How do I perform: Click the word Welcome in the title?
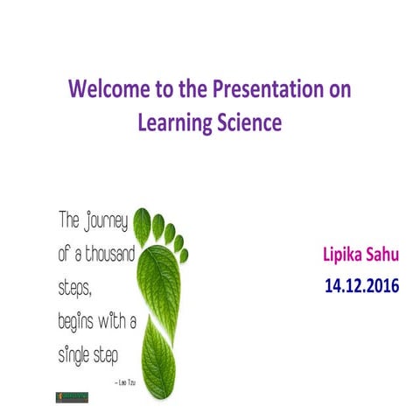pos(107,90)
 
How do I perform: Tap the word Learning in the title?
pos(173,123)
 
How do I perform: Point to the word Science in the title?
pos(247,123)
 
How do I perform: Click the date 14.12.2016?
pos(362,285)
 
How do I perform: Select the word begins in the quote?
pos(78,322)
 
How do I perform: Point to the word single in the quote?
pos(76,354)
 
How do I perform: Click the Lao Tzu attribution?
pos(124,383)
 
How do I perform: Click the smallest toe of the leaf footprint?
pos(184,255)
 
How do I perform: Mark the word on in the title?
pos(339,90)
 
